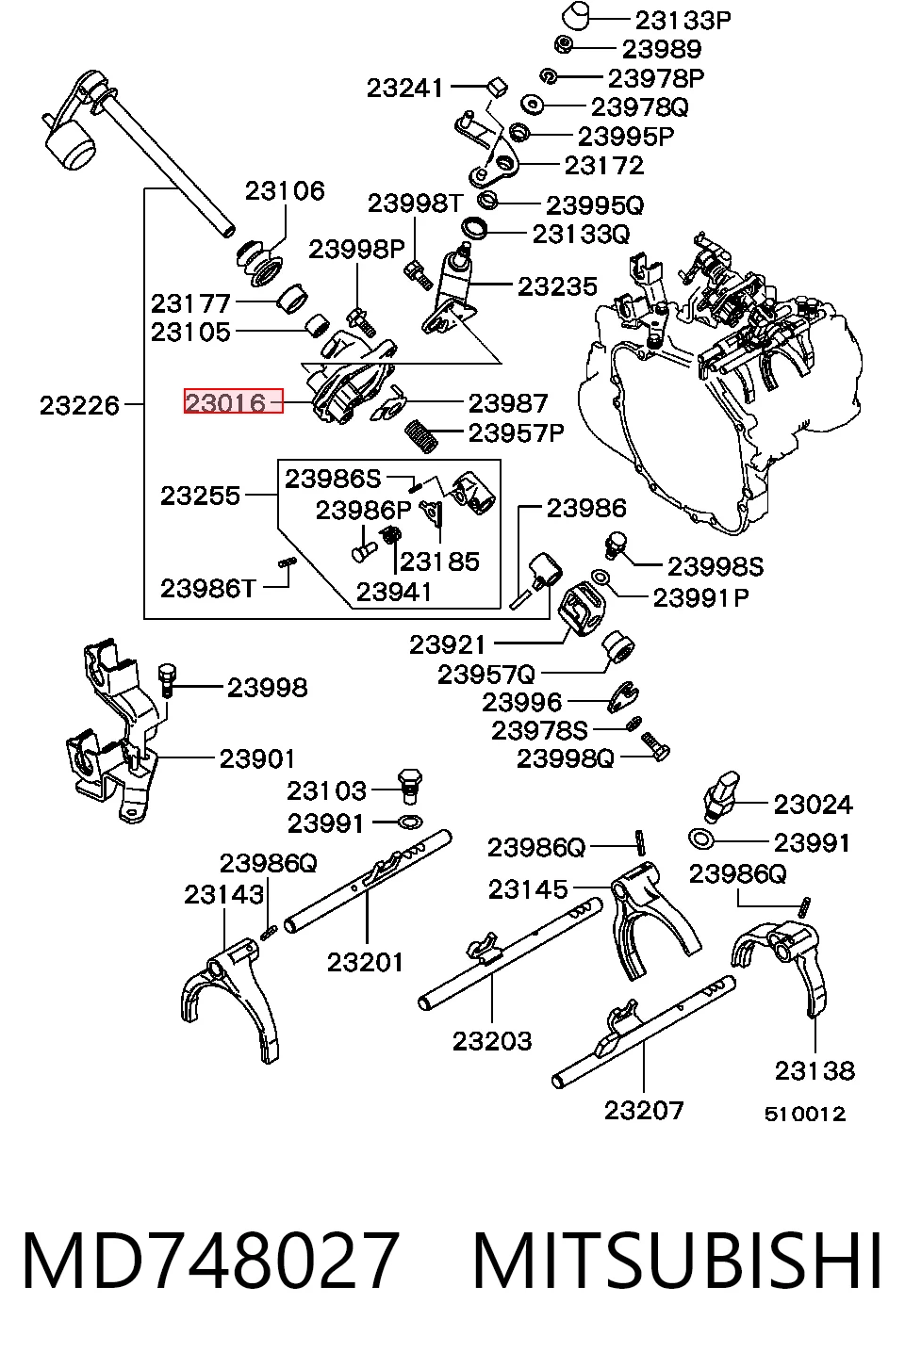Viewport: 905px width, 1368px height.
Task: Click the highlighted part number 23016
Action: [225, 403]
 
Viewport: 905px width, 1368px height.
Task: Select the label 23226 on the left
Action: [79, 405]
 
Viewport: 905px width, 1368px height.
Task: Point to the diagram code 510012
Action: [805, 1114]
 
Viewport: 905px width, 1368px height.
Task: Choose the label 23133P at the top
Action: [683, 21]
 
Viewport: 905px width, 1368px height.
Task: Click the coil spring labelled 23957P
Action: [422, 436]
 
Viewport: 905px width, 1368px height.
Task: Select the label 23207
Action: [644, 1110]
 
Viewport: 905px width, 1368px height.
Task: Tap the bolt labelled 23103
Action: [410, 788]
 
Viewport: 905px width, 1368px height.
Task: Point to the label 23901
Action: [257, 759]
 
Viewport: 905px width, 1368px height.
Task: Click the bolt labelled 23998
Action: [168, 680]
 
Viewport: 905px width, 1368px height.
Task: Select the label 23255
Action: [201, 496]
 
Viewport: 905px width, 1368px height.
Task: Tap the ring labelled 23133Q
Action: [475, 229]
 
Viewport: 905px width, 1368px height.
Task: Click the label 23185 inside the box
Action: [439, 562]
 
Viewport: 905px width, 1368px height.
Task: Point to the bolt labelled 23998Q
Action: [655, 747]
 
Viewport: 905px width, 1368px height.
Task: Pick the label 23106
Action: [285, 191]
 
